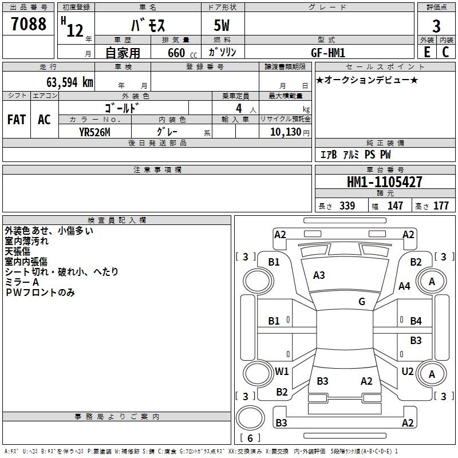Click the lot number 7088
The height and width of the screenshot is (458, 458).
29,23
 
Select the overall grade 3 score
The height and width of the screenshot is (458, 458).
436,26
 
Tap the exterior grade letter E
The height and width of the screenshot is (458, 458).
427,52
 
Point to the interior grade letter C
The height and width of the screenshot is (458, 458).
445,52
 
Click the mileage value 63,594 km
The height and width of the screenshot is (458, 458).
70,82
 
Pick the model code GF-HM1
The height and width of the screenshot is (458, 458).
328,53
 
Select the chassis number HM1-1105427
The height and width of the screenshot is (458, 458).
384,182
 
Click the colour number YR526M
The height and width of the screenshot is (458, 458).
94,132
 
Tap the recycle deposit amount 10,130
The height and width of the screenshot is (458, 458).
286,132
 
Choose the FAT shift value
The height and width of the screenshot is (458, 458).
17,120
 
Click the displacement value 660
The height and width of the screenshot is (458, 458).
176,53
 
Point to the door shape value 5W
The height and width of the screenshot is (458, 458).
222,25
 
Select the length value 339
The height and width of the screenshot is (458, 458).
347,206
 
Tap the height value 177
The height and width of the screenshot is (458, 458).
441,206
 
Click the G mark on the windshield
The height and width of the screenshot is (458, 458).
362,302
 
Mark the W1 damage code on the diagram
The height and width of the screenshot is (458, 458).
282,371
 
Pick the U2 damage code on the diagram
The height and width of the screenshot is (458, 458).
408,371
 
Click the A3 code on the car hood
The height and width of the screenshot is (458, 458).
319,275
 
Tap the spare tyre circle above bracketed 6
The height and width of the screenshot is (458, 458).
250,418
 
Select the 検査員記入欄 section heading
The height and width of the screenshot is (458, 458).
117,220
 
